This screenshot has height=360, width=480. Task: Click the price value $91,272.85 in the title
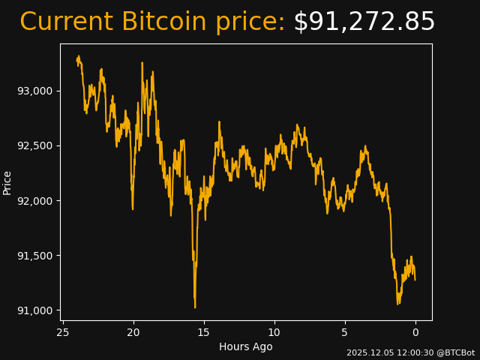(364, 22)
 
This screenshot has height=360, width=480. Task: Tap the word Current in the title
(66, 22)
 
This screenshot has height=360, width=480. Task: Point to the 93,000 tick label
(36, 91)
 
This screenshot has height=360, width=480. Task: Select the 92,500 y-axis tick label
(36, 145)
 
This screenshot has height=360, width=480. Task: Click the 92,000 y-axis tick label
(36, 201)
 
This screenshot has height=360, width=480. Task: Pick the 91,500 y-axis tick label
(36, 256)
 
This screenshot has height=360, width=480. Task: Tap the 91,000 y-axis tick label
(36, 310)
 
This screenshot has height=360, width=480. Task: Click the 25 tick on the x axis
(63, 332)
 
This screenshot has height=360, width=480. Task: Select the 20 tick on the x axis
(133, 332)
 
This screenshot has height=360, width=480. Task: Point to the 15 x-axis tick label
(204, 332)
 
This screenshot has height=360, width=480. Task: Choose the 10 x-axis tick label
(274, 332)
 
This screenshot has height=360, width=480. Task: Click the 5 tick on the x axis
(345, 332)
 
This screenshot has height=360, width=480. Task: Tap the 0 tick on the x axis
(415, 332)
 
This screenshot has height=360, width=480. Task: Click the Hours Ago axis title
(245, 346)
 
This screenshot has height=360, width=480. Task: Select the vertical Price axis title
(7, 182)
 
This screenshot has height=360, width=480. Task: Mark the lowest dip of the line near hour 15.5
(195, 307)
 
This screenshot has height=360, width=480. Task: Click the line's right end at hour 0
(415, 280)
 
